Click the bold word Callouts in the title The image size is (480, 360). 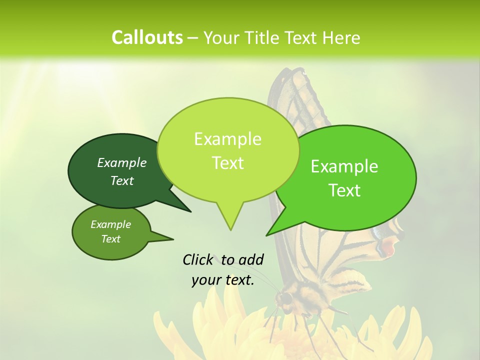(x=147, y=37)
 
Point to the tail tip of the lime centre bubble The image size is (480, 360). (x=230, y=229)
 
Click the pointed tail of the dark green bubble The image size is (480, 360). (x=189, y=211)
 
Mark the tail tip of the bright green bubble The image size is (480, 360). (x=267, y=235)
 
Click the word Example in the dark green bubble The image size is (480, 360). (x=122, y=162)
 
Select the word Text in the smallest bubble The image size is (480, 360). (x=111, y=239)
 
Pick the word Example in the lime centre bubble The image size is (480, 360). (x=227, y=139)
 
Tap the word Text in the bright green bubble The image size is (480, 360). (x=345, y=190)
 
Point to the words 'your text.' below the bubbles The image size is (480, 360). (x=223, y=280)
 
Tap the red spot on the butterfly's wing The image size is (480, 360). (x=388, y=246)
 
